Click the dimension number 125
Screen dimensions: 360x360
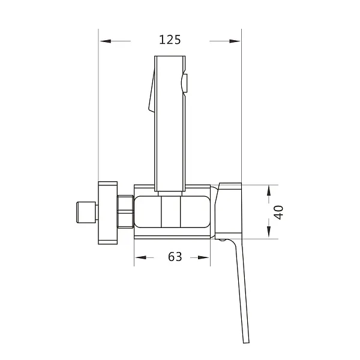tap(170, 40)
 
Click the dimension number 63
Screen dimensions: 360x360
tap(175, 257)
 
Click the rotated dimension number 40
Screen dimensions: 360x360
tap(278, 212)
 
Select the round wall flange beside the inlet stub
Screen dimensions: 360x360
tap(109, 212)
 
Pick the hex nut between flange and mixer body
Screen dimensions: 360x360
tap(125, 212)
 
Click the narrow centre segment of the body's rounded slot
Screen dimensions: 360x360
tap(171, 212)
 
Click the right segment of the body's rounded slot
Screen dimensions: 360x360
tap(195, 212)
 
